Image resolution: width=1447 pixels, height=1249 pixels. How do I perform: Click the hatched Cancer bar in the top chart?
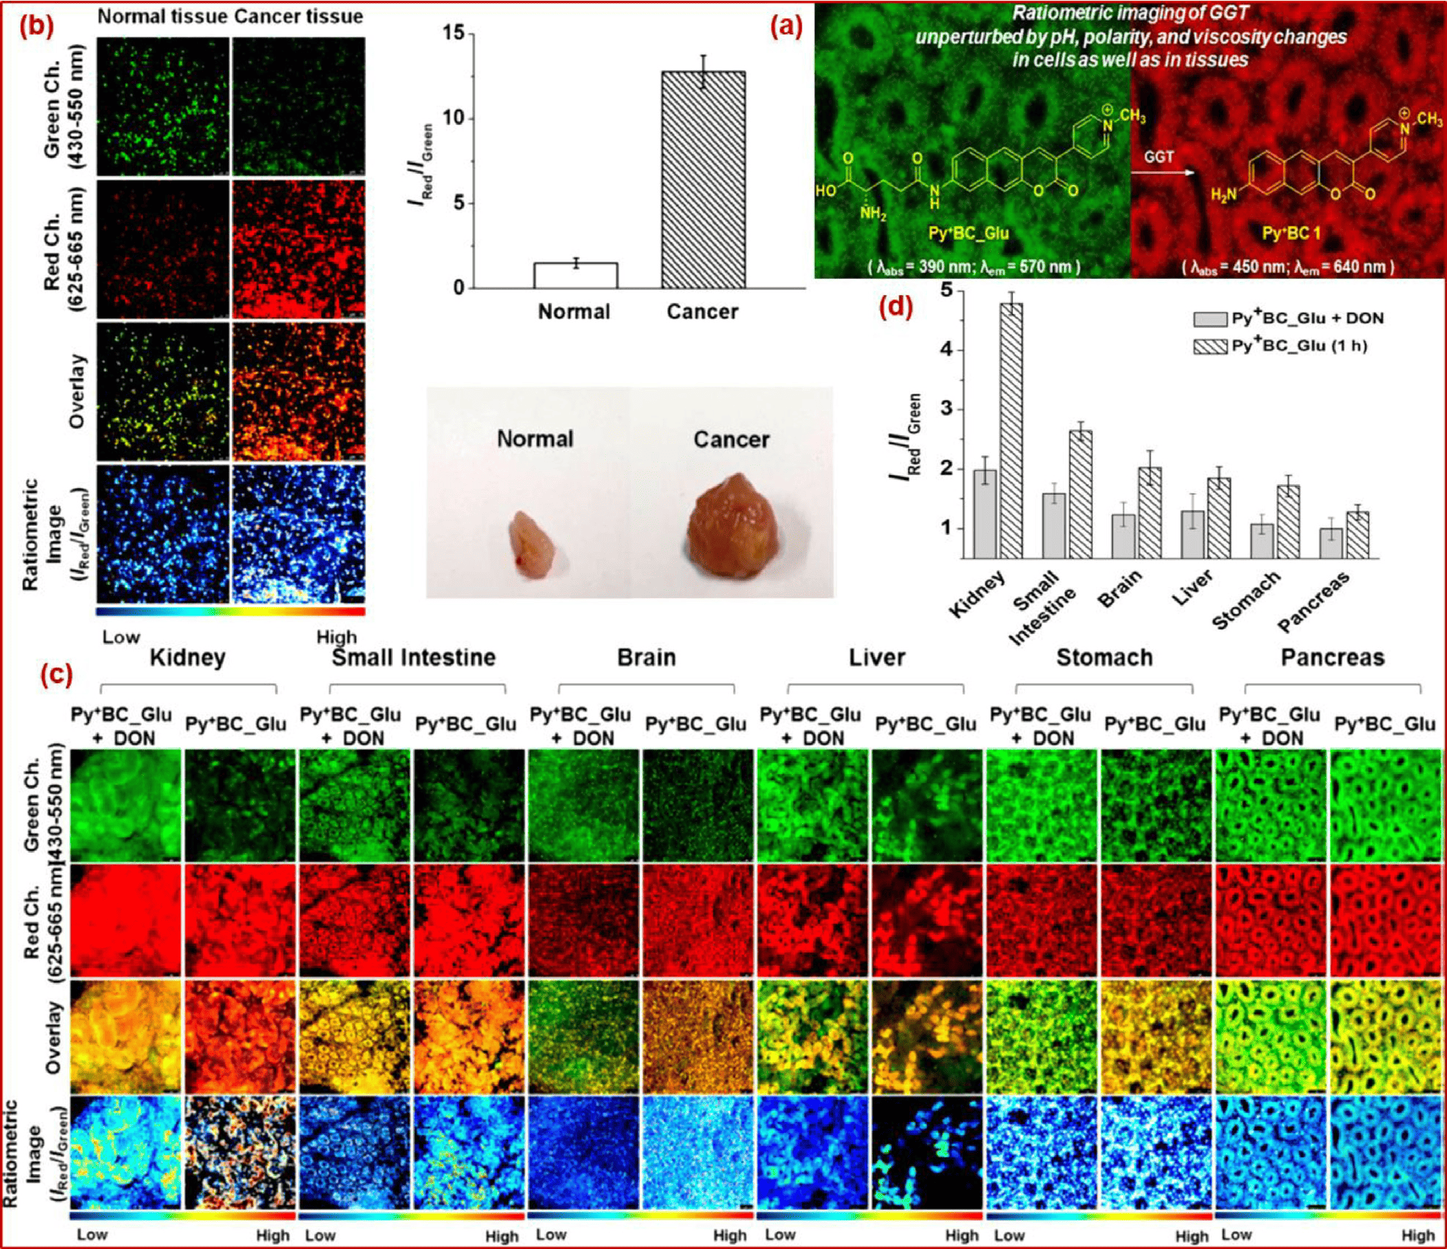(x=703, y=180)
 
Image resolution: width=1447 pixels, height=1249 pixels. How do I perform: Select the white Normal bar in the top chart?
(x=576, y=275)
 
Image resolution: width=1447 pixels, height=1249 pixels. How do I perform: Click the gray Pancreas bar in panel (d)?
(x=1331, y=543)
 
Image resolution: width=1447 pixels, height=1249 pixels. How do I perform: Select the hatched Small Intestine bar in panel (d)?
(x=1080, y=494)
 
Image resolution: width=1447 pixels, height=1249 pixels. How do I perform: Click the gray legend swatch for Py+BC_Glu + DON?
(x=1209, y=319)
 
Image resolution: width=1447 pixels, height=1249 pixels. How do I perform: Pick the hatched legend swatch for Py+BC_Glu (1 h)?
(x=1209, y=346)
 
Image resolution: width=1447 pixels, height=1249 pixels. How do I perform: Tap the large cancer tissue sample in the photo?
(x=730, y=525)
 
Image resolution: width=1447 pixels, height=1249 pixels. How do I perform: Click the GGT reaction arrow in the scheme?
(x=1162, y=173)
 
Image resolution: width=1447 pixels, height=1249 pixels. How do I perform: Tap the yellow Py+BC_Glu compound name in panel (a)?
(x=968, y=233)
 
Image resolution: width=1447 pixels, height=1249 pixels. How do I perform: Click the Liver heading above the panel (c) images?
(x=876, y=658)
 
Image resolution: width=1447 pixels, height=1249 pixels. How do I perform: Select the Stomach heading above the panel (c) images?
(x=1104, y=658)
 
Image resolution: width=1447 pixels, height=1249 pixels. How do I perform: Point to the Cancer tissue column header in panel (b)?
(x=298, y=16)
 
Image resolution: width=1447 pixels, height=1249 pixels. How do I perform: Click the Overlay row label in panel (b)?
(x=77, y=392)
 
